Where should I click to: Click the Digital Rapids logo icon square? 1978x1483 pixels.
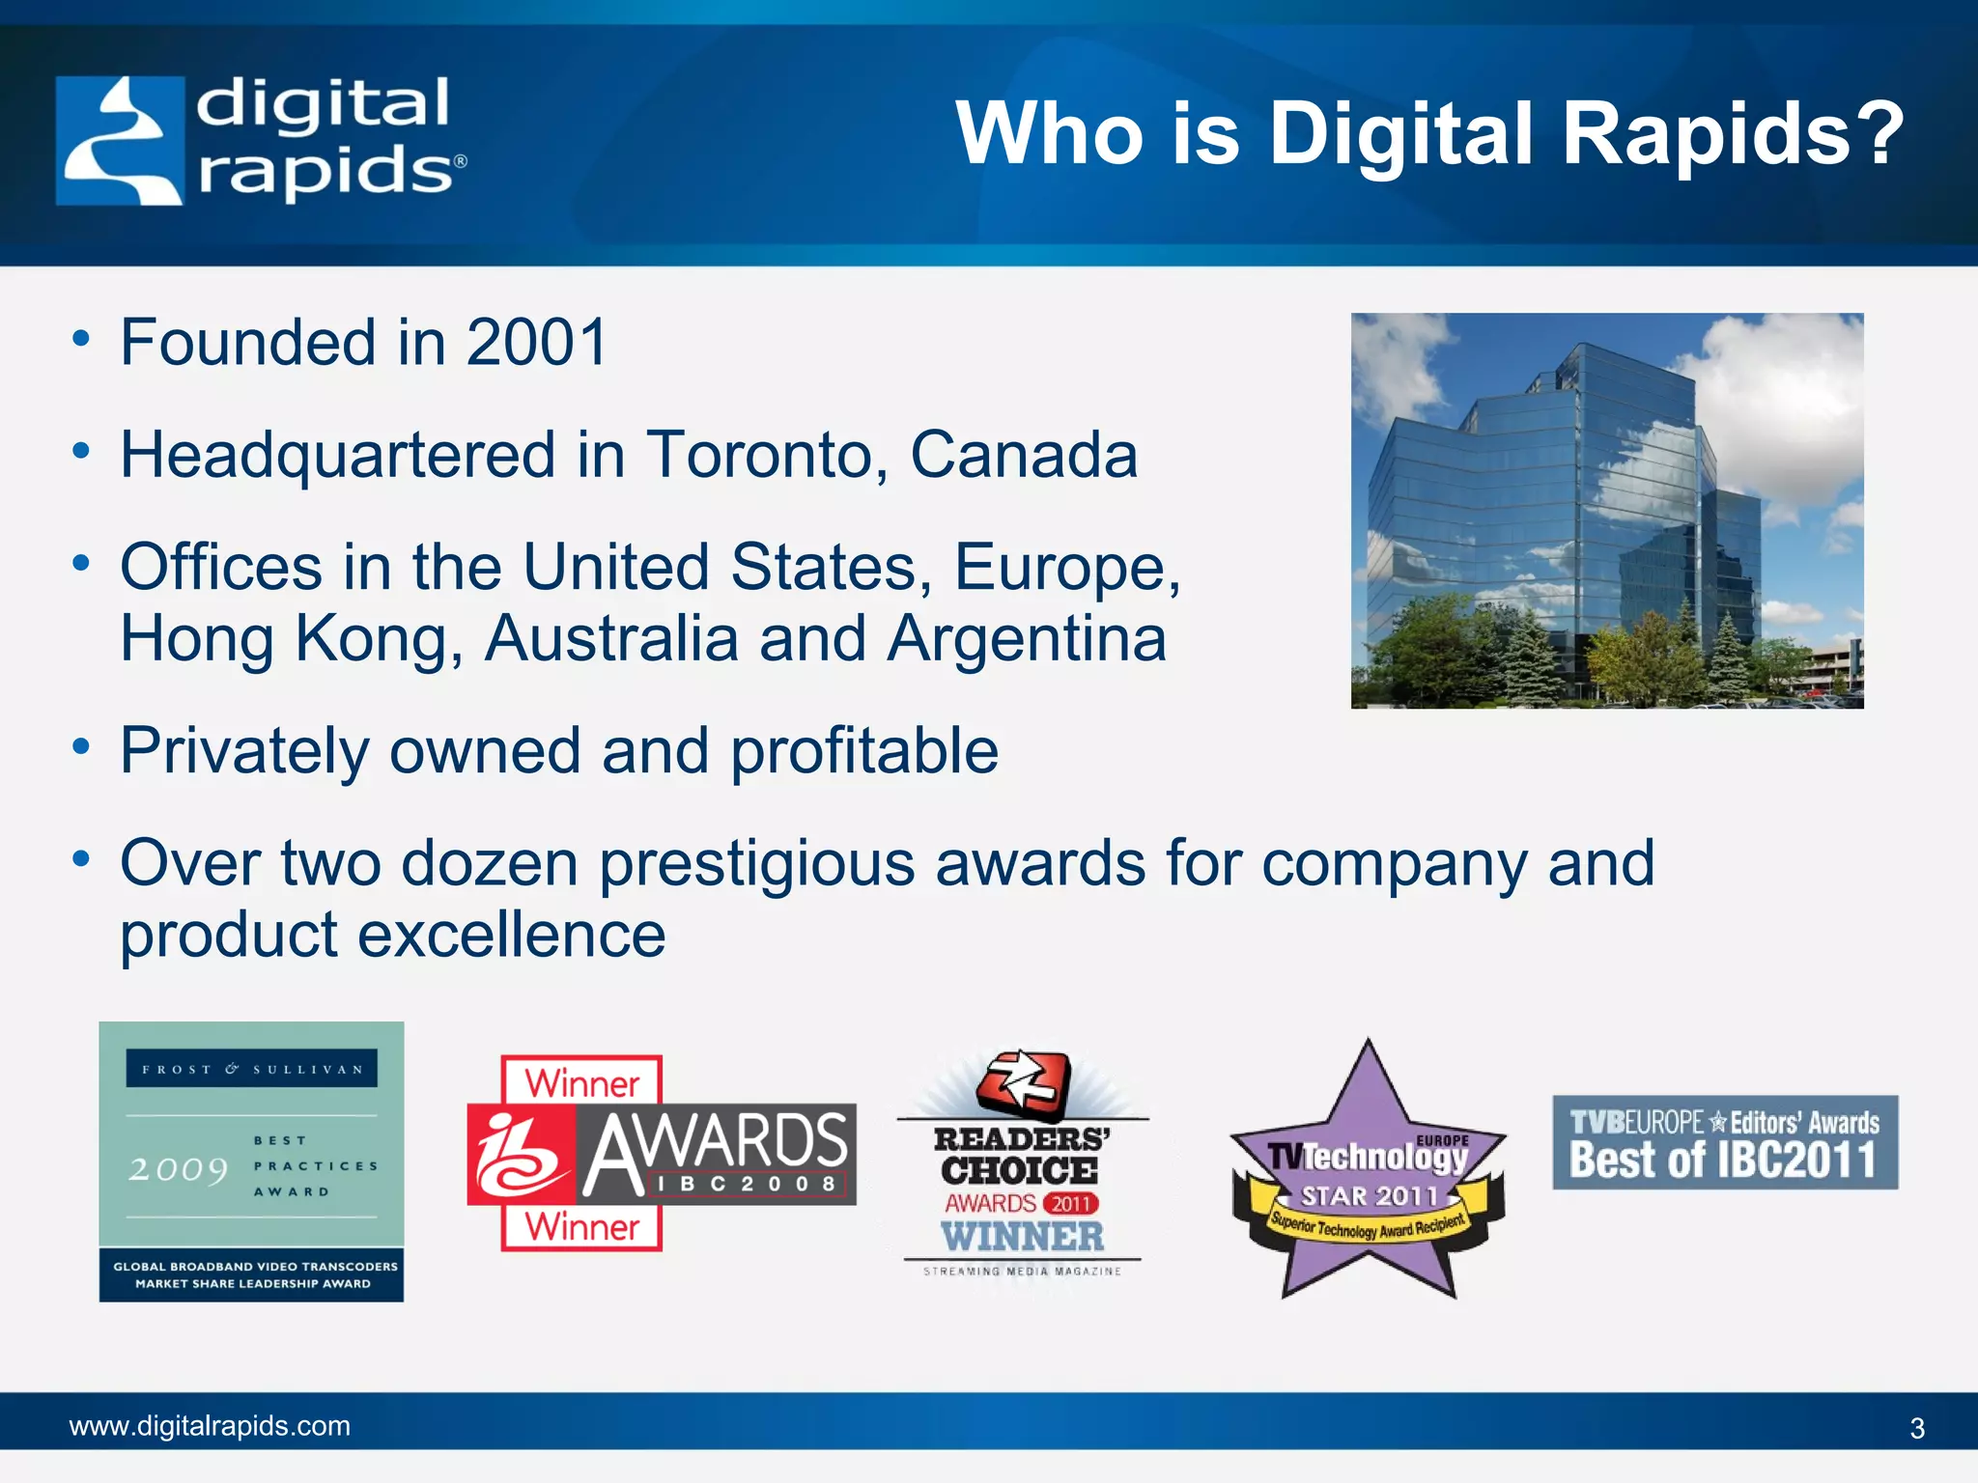coord(120,141)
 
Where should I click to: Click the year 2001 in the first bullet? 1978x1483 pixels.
coord(537,343)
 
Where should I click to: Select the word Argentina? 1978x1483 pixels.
coord(1027,639)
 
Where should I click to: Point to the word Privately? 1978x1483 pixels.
coord(243,751)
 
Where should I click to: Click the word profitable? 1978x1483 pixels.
coord(864,751)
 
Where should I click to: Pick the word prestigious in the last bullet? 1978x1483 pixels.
coord(756,863)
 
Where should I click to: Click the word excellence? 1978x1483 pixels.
coord(512,936)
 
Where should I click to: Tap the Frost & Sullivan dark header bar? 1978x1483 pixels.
coord(252,1069)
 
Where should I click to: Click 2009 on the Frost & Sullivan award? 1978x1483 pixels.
coord(179,1170)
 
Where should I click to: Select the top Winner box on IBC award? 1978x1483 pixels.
coord(581,1082)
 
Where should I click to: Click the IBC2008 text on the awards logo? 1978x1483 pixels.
coord(747,1184)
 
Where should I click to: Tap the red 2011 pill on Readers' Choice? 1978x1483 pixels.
coord(1070,1204)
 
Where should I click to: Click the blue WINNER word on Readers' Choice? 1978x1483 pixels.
coord(1023,1237)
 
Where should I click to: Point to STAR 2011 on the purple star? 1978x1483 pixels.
coord(1369,1197)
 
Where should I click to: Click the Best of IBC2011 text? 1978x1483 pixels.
coord(1723,1161)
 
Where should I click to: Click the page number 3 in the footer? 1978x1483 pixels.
coord(1917,1428)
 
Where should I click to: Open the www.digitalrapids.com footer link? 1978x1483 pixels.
coord(210,1426)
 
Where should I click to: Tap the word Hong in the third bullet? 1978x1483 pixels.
coord(197,639)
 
